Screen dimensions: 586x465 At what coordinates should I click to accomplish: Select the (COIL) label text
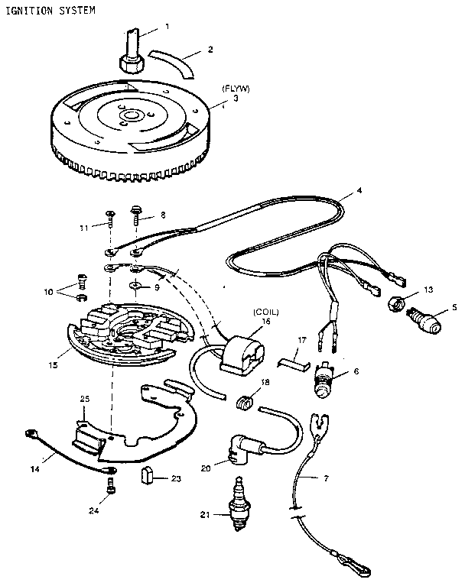click(x=266, y=312)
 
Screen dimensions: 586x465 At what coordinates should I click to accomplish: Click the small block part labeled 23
click(x=148, y=479)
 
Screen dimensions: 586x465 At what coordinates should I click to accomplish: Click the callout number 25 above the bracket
click(x=85, y=398)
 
